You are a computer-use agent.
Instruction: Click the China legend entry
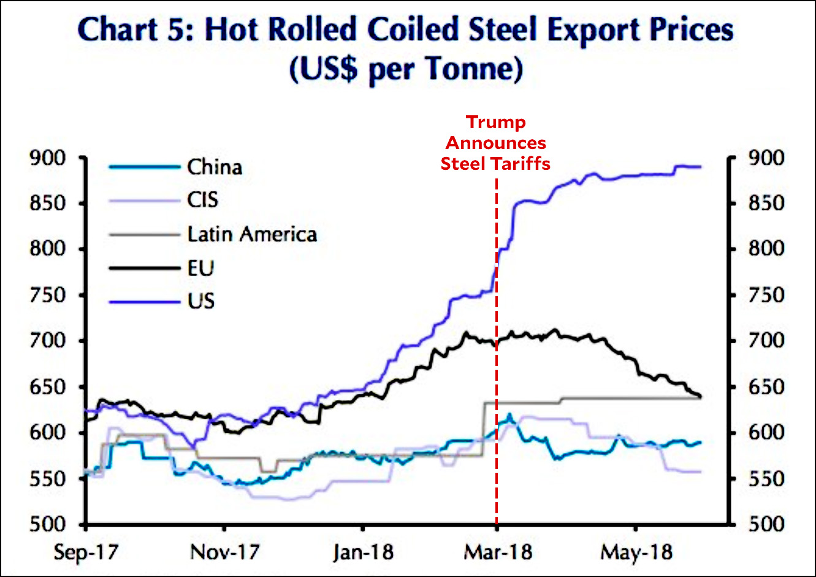[x=215, y=167]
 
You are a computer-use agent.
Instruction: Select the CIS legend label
[x=202, y=200]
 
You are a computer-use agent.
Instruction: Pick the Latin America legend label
[x=252, y=234]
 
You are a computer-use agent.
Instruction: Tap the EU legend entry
[x=200, y=268]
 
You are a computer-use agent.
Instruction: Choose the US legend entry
[x=200, y=302]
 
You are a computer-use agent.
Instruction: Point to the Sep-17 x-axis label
[x=86, y=552]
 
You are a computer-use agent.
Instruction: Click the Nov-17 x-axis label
[x=225, y=552]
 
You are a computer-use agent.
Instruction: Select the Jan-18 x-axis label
[x=363, y=552]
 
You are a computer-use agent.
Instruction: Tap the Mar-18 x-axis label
[x=497, y=552]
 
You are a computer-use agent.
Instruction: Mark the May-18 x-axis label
[x=636, y=552]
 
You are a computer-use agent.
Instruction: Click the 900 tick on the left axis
[x=47, y=158]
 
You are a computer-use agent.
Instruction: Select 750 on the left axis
[x=47, y=295]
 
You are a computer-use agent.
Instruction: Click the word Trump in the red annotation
[x=496, y=122]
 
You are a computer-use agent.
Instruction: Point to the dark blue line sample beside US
[x=144, y=302]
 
